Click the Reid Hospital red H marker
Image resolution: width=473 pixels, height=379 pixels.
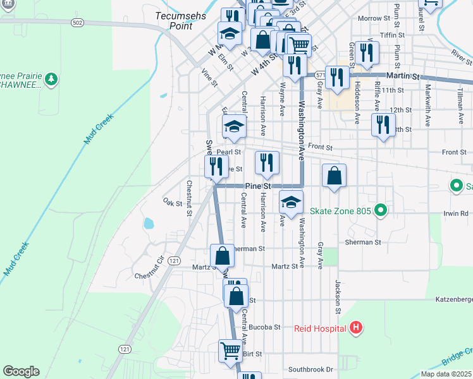click(x=356, y=328)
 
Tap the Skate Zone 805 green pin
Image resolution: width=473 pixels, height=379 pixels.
click(x=380, y=210)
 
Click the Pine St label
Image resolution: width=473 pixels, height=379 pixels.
click(x=257, y=186)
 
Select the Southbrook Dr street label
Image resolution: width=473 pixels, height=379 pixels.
click(x=310, y=369)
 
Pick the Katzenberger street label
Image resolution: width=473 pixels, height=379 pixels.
click(x=453, y=299)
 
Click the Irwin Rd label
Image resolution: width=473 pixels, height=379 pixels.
click(x=455, y=214)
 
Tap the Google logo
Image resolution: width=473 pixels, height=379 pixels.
click(x=21, y=371)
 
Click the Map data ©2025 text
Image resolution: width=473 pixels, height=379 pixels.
click(x=446, y=374)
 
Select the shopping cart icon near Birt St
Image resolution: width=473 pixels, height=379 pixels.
click(x=230, y=351)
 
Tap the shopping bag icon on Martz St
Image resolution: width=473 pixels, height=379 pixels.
click(x=222, y=256)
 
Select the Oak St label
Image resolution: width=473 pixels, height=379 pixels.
click(x=172, y=203)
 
